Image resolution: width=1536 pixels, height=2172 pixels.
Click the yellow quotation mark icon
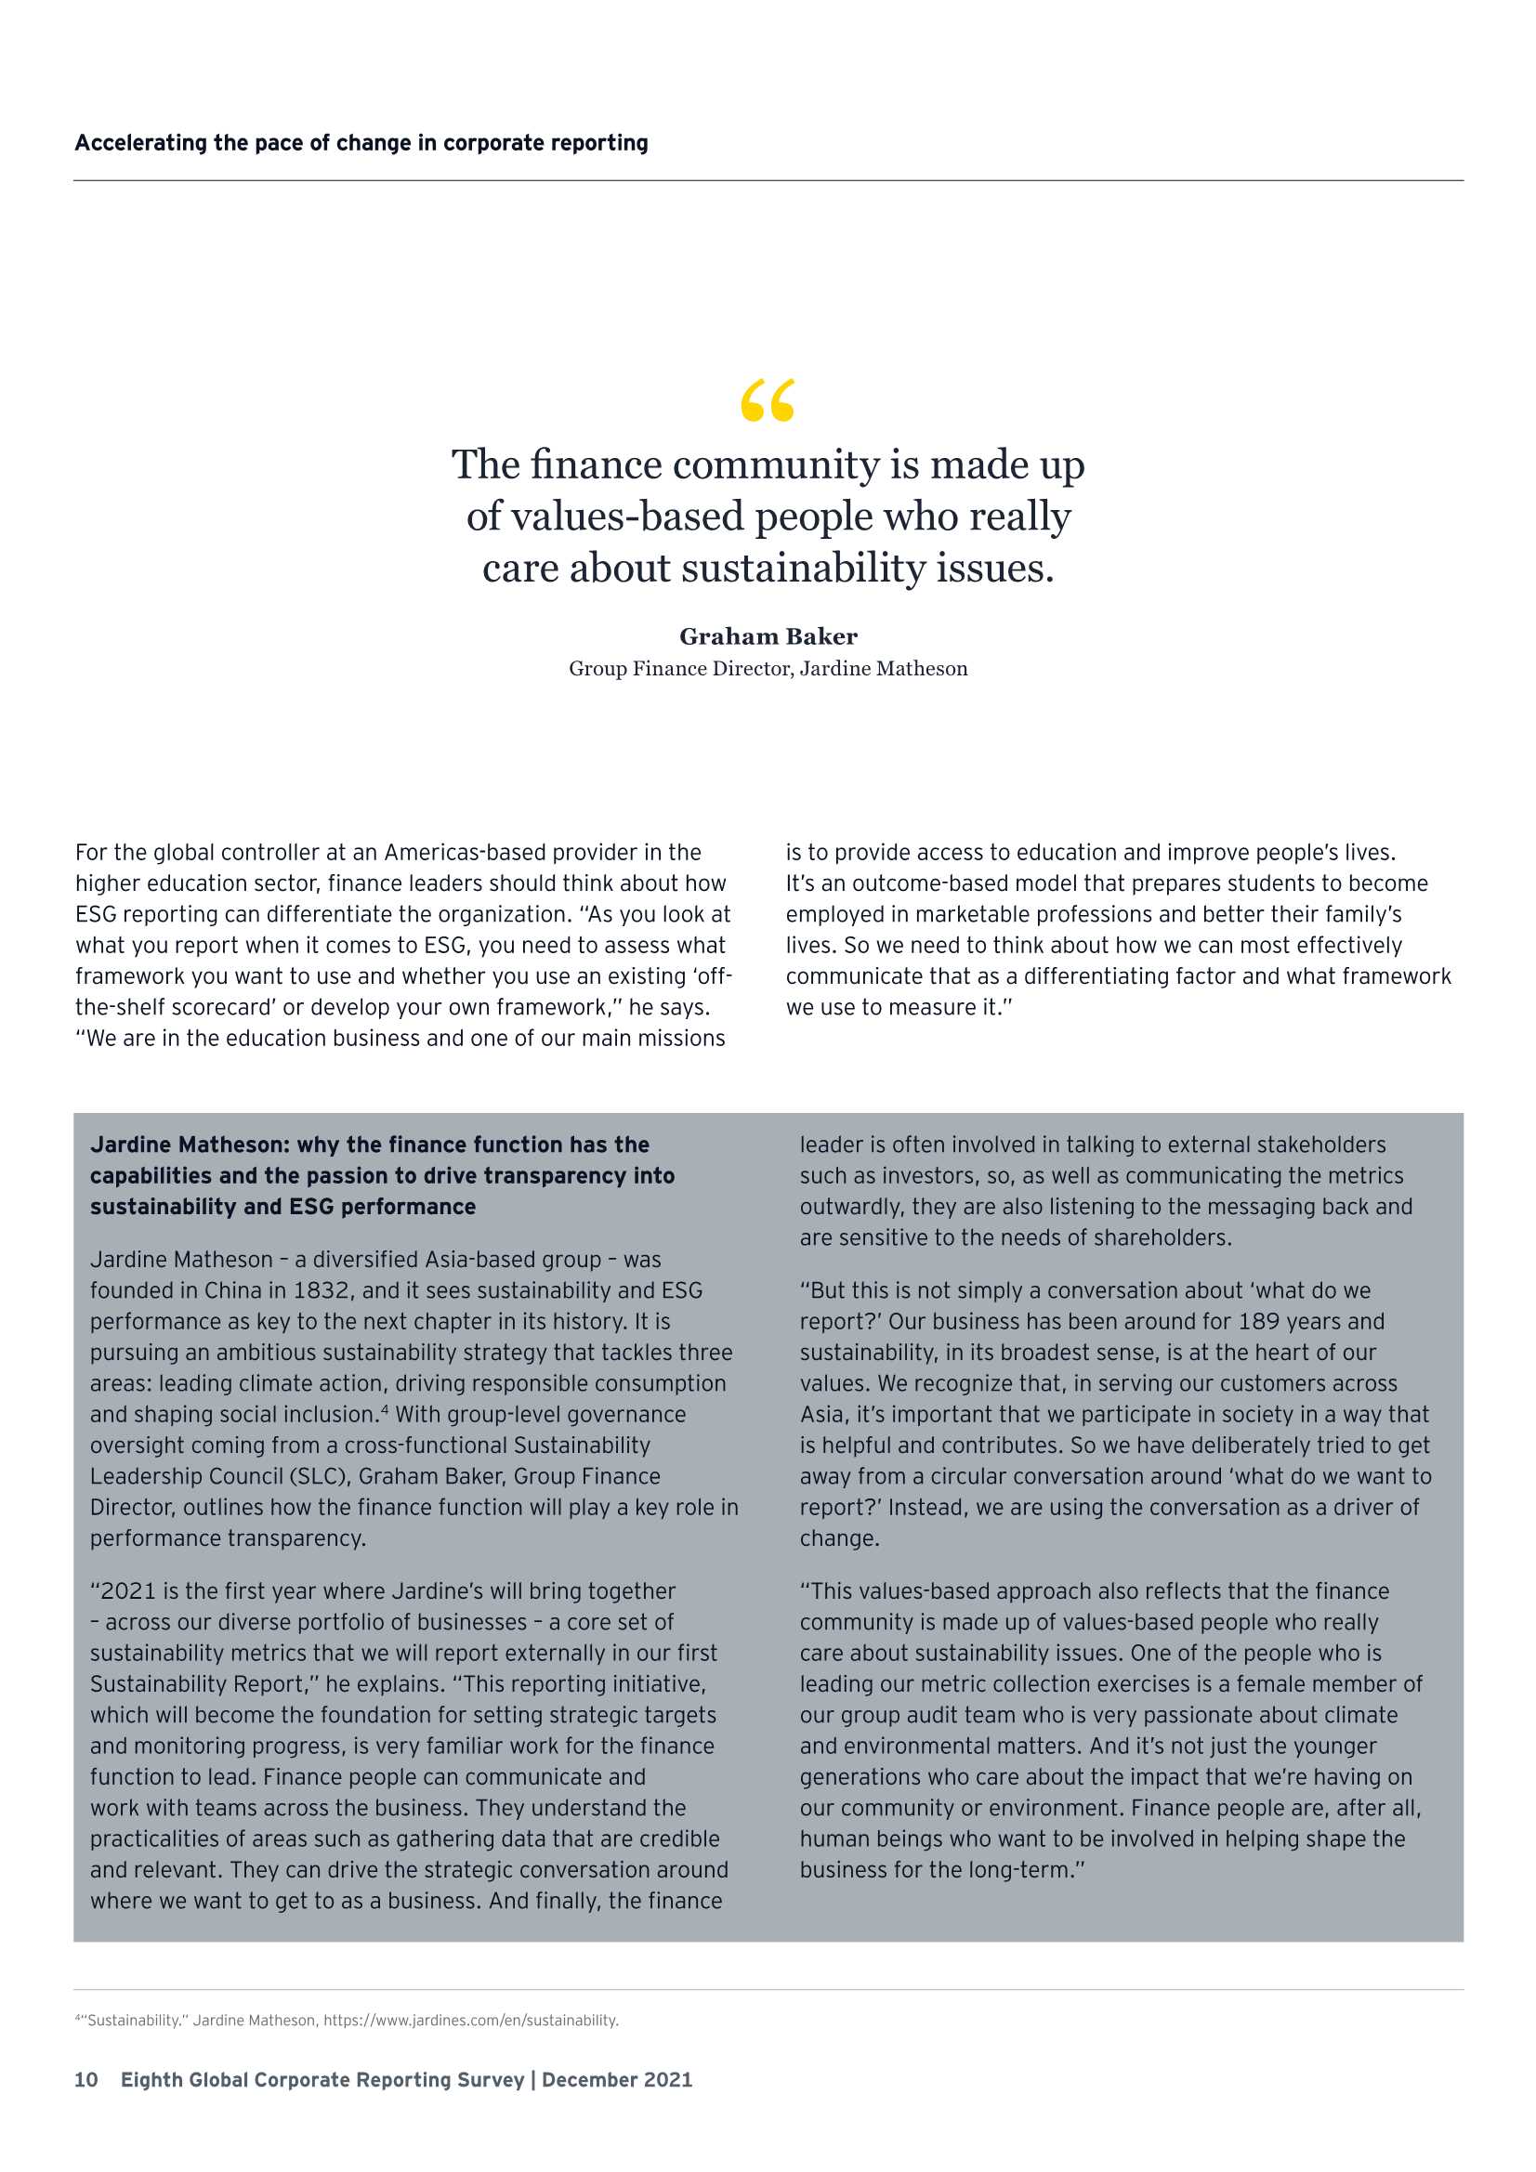coord(768,400)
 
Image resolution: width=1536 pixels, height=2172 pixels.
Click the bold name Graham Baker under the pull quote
coord(768,636)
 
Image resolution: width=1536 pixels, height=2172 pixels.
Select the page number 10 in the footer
coord(86,2079)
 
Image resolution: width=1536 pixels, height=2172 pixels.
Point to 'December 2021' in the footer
coord(617,2079)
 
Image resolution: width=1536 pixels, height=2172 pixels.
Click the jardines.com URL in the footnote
coord(470,2020)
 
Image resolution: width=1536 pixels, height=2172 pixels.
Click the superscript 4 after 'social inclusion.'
coord(385,1409)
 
